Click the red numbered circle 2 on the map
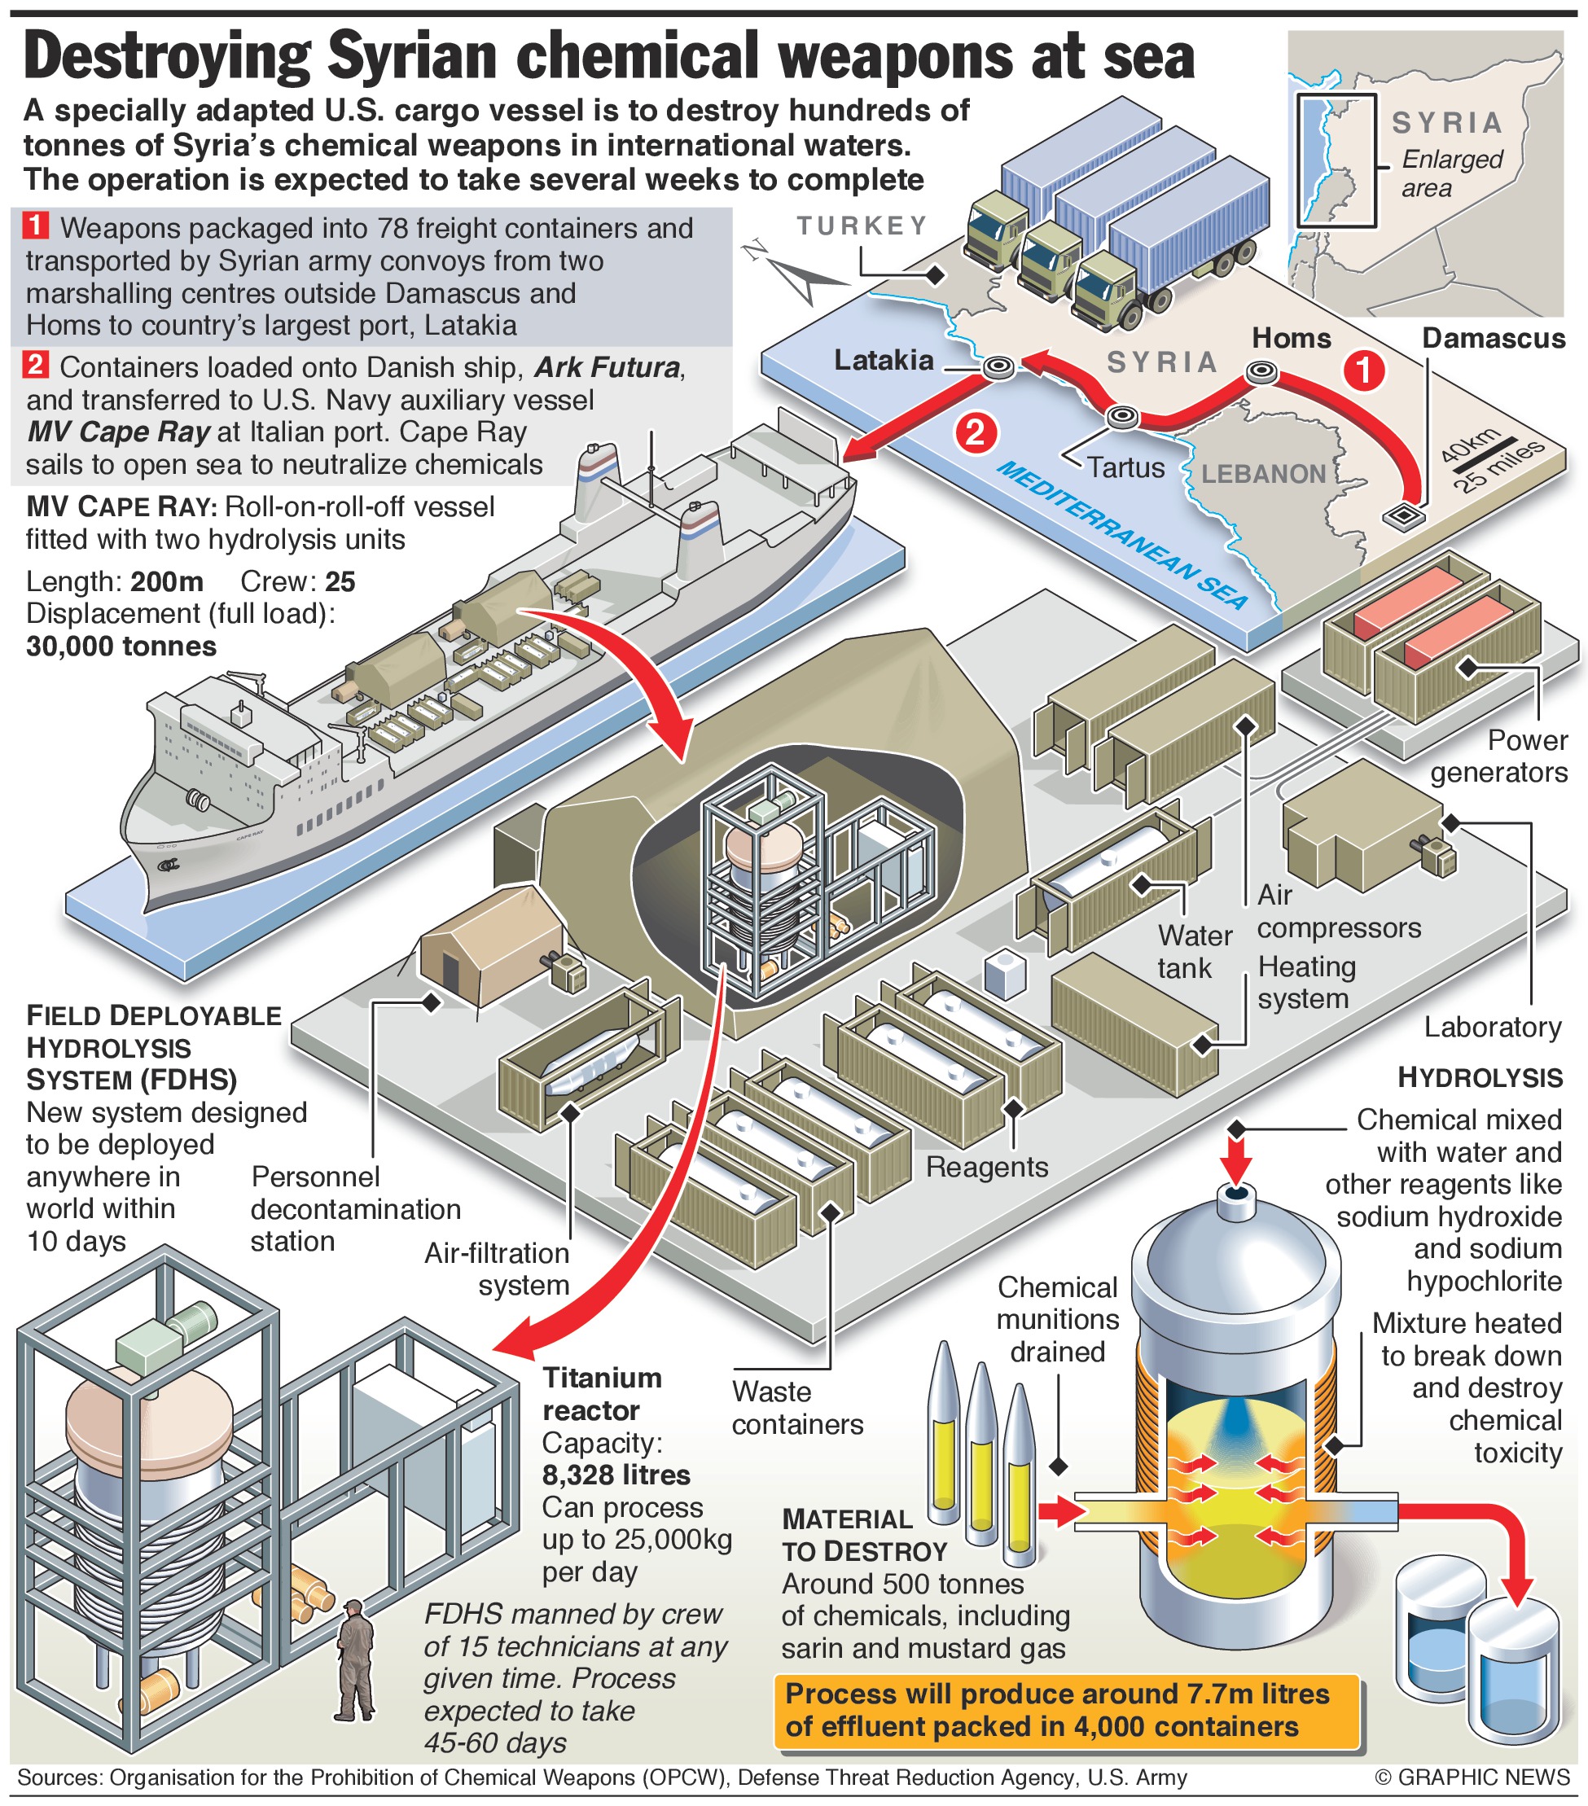(976, 433)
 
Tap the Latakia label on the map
(884, 361)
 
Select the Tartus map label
(1125, 467)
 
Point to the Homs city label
(1291, 339)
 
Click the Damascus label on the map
(1494, 339)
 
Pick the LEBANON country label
(1264, 475)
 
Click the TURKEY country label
(862, 226)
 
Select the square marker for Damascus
(1403, 516)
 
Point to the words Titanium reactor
(602, 1393)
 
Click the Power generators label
(1499, 756)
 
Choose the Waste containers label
(797, 1408)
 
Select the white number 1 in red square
(35, 226)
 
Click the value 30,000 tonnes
(121, 647)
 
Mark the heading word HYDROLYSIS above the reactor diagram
(1480, 1078)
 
